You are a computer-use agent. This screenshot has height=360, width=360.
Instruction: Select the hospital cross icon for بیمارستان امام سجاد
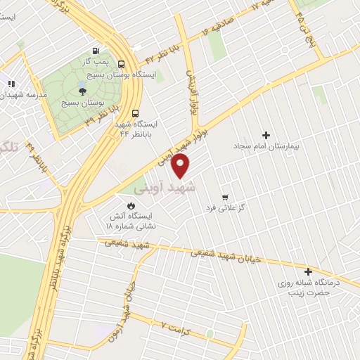[x=266, y=135]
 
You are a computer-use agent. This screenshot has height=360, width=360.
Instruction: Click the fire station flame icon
[x=130, y=205]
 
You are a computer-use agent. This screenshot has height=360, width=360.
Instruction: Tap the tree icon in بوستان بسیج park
[x=83, y=91]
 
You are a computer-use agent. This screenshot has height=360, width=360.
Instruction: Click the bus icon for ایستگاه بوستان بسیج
[x=122, y=62]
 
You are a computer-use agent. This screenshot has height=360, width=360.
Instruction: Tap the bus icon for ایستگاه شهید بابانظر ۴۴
[x=135, y=112]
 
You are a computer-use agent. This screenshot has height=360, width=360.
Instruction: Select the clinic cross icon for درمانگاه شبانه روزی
[x=307, y=271]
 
